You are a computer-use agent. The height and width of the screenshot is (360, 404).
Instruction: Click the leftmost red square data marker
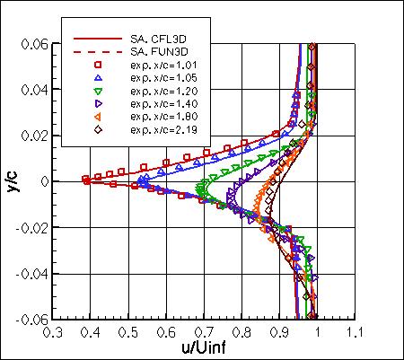(x=86, y=179)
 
